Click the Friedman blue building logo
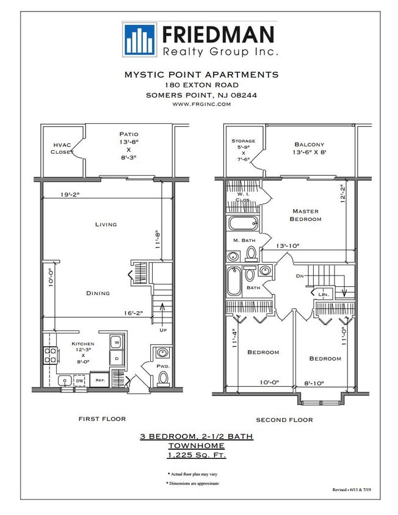point(139,39)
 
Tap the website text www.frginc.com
point(201,104)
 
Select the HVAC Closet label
point(62,148)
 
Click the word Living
point(106,225)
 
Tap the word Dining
point(98,293)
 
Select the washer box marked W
point(117,343)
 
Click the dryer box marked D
point(117,358)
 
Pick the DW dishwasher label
point(79,381)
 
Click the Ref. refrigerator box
point(99,380)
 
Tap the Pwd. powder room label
point(162,367)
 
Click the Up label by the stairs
point(163,330)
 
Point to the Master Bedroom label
point(305,215)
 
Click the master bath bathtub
point(243,222)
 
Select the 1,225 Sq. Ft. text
point(197,455)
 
